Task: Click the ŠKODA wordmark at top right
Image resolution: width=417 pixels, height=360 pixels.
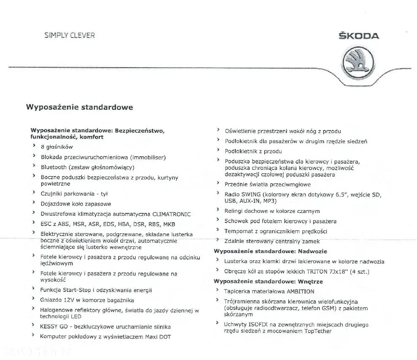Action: pyautogui.click(x=359, y=36)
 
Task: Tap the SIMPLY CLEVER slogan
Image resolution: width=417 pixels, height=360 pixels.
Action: pyautogui.click(x=70, y=35)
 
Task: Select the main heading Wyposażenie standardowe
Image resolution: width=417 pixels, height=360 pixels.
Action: pyautogui.click(x=79, y=107)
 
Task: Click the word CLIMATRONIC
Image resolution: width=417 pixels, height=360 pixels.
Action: pyautogui.click(x=171, y=214)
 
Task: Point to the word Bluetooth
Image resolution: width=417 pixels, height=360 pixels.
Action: pyautogui.click(x=54, y=167)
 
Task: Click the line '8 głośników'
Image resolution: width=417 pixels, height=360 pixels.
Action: pyautogui.click(x=57, y=147)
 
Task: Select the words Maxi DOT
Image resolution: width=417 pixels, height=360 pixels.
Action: pyautogui.click(x=158, y=337)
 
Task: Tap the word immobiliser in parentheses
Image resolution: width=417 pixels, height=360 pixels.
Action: pyautogui.click(x=147, y=157)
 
